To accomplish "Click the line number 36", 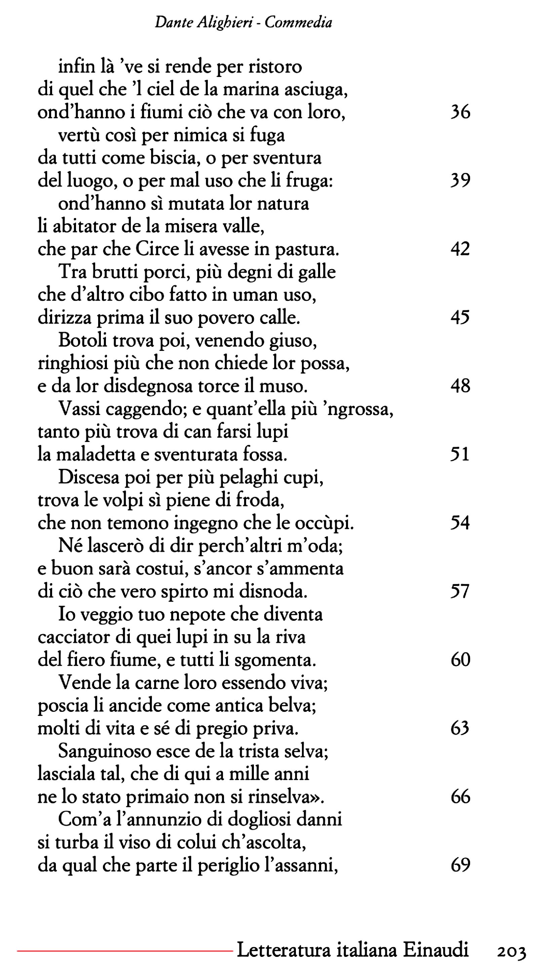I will click(460, 112).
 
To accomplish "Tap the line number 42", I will click(460, 249).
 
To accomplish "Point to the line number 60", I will click(460, 659).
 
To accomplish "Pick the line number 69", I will click(460, 865).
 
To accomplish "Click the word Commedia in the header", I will click(298, 23).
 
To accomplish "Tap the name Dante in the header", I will click(170, 23).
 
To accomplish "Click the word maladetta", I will click(96, 455).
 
